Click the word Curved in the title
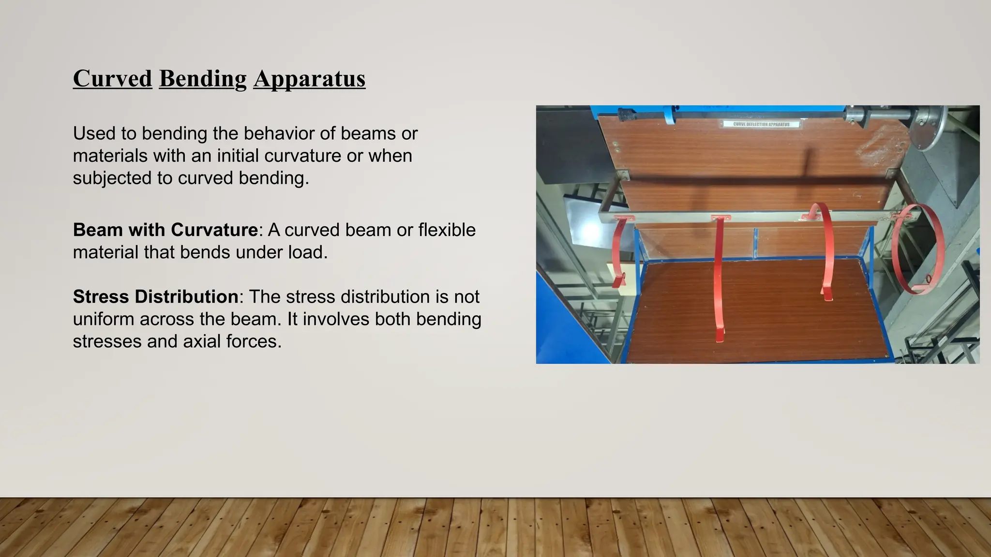click(112, 79)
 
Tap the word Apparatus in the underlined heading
click(309, 79)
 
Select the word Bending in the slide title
click(202, 79)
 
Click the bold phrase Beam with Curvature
click(165, 230)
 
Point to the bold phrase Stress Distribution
click(155, 296)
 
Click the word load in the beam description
click(305, 252)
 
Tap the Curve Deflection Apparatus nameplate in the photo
click(761, 124)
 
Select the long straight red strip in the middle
click(719, 276)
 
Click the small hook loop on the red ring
click(929, 279)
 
